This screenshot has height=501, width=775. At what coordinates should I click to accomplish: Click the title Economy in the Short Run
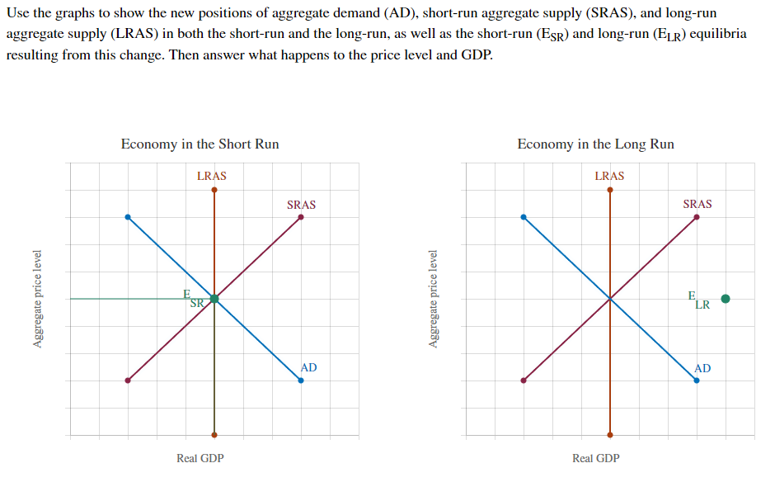point(200,144)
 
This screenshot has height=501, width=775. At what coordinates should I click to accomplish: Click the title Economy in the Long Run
point(595,144)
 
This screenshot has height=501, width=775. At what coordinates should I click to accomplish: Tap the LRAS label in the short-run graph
point(212,176)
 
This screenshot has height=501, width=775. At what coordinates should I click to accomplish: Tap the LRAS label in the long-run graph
point(609,176)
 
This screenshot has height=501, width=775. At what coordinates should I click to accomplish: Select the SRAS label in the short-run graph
point(301,204)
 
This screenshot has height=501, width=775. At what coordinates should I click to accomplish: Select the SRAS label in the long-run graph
point(697,204)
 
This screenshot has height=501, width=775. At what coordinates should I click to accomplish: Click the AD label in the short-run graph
point(309,367)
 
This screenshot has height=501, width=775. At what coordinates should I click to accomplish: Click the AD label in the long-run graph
point(703,368)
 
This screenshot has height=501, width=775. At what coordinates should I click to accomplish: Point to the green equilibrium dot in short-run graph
point(214,299)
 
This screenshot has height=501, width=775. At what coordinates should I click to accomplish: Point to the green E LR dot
point(726,299)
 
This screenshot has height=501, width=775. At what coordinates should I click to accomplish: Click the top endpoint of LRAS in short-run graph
point(214,190)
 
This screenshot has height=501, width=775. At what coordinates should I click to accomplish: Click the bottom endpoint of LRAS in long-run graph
point(610,434)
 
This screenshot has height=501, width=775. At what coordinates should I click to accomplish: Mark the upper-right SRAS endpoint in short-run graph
point(301,217)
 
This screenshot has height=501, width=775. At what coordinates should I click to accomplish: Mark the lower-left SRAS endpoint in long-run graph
point(524,380)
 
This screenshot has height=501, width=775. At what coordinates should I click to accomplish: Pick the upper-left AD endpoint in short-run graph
point(127,217)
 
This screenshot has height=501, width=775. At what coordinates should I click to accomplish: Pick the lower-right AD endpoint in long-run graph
point(697,380)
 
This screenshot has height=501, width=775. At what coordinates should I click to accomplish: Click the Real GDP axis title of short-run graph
point(200,458)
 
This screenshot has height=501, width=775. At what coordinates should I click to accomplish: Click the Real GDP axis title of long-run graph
point(596,458)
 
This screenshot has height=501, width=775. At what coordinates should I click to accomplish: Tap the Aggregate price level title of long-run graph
point(434,299)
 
